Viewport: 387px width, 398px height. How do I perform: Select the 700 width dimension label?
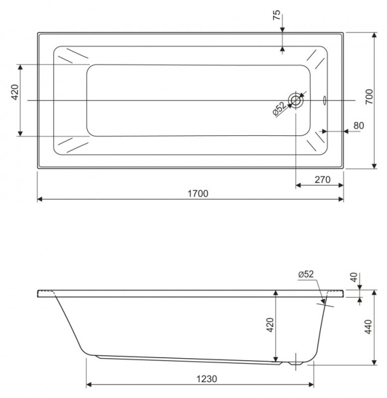369,96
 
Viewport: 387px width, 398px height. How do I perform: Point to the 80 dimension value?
358,126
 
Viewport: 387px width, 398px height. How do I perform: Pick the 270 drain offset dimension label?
321,179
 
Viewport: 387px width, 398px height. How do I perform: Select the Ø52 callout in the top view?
279,108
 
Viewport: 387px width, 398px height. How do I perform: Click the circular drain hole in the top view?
296,100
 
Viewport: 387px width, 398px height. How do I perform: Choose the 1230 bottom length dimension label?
207,378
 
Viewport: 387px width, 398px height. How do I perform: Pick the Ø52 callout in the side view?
306,274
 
